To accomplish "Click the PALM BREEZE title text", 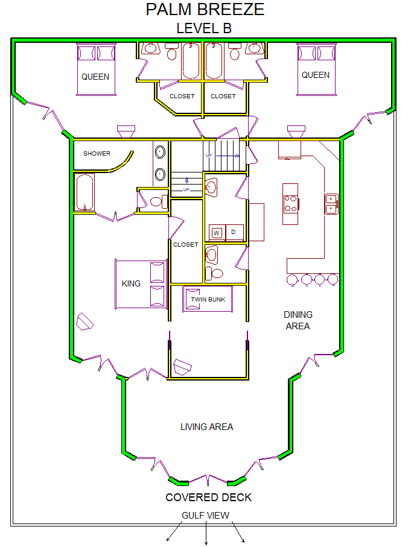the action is point(205,10).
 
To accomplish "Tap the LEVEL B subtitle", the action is point(204,28).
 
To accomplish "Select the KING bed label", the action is point(131,283).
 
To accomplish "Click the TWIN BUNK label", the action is point(208,299).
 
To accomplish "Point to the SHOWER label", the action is point(97,154).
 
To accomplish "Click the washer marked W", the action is point(217,233).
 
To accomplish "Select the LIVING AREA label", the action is point(207,426).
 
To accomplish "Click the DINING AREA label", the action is point(298,320).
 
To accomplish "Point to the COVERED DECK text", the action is point(208,498).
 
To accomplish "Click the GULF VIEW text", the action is point(205,515).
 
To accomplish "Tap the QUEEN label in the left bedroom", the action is point(95,77).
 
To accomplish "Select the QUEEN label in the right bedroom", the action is point(315,75).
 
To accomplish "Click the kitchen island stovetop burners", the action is point(290,204).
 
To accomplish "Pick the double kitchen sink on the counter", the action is point(331,204).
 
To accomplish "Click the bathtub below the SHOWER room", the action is point(84,192).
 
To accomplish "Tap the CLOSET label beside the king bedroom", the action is point(185,245).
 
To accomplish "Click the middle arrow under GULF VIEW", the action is point(206,533).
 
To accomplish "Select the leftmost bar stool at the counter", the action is point(292,280).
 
